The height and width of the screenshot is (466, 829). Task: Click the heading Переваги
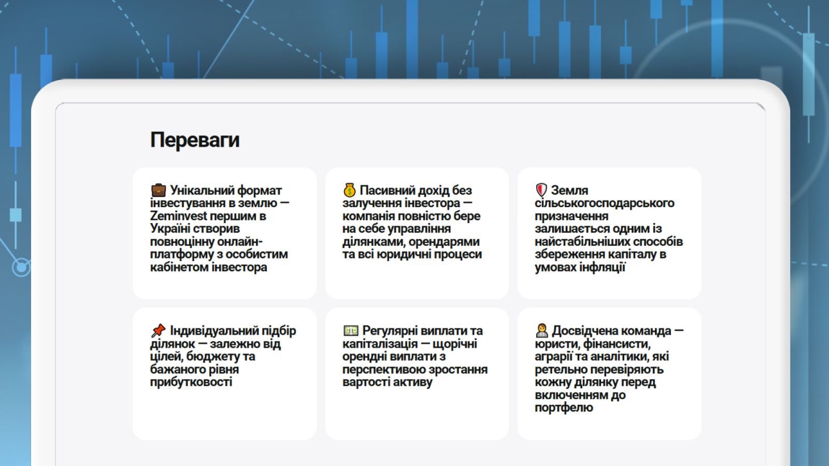pyautogui.click(x=195, y=140)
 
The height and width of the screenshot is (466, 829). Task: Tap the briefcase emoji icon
pyautogui.click(x=159, y=190)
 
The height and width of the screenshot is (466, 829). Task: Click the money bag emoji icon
pyautogui.click(x=349, y=190)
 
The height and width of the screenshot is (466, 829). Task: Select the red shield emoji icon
pyautogui.click(x=541, y=190)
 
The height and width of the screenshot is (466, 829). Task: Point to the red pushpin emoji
pyautogui.click(x=159, y=331)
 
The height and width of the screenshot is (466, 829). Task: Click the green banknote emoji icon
pyautogui.click(x=351, y=330)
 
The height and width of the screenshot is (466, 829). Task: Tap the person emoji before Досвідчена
pyautogui.click(x=542, y=331)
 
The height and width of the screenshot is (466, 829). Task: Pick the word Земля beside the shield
pyautogui.click(x=569, y=191)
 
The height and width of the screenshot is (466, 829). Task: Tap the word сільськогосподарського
pyautogui.click(x=604, y=203)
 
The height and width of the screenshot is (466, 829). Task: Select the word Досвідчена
pyautogui.click(x=611, y=331)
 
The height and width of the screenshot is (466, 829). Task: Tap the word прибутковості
pyautogui.click(x=191, y=382)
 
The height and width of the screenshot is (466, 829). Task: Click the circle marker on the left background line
pyautogui.click(x=21, y=267)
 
